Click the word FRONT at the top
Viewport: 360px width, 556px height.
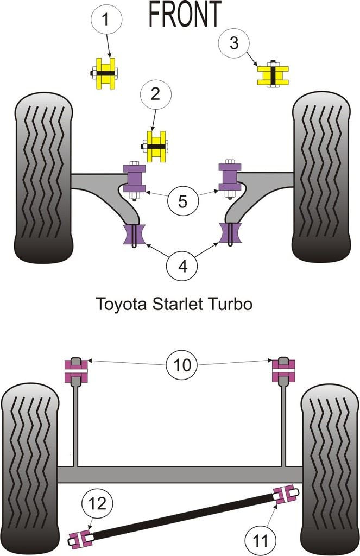point(185,14)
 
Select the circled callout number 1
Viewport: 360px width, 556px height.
point(105,21)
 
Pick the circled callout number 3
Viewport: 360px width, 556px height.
point(234,43)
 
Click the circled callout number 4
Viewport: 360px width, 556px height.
point(183,267)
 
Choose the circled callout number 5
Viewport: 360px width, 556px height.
point(182,201)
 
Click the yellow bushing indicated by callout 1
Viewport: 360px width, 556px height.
point(106,73)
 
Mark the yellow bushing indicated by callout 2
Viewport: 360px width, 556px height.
point(157,146)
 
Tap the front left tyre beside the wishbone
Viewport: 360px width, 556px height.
point(44,179)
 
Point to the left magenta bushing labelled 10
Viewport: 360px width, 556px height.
point(77,371)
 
